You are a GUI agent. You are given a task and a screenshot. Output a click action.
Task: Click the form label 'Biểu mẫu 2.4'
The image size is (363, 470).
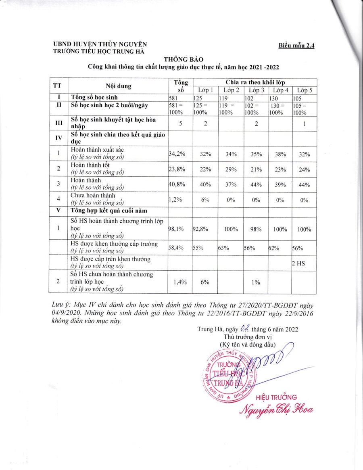(x=296, y=45)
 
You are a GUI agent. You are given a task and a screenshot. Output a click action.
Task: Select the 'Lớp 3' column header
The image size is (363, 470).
(x=257, y=90)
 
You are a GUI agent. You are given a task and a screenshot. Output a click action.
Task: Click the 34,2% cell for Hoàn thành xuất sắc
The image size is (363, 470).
(x=176, y=154)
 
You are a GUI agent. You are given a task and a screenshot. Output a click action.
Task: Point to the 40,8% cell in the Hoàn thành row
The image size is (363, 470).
(x=176, y=184)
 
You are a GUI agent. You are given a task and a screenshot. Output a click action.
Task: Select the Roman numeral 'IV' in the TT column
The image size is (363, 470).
(x=58, y=138)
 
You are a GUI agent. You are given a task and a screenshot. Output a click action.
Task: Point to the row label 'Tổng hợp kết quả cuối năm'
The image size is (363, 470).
(x=108, y=211)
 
